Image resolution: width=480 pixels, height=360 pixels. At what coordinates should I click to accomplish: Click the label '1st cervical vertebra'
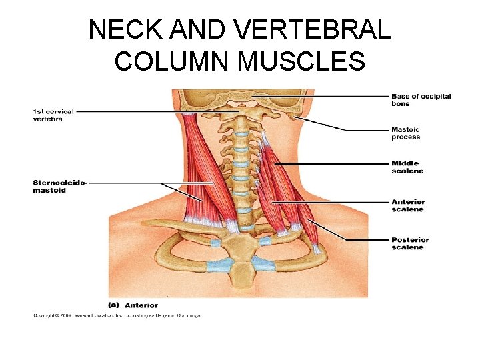(53, 115)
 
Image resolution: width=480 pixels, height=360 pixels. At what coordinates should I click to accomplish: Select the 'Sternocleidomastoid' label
(59, 186)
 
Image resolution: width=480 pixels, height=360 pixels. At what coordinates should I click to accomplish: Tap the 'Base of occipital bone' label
(421, 100)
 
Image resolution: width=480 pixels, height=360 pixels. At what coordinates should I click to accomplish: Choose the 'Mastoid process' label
(406, 133)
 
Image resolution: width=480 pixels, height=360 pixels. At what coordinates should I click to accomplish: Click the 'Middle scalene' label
(407, 167)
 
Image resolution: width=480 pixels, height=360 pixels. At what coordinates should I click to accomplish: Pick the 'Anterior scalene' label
(408, 205)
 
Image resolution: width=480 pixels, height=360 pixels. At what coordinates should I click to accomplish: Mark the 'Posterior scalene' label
(410, 243)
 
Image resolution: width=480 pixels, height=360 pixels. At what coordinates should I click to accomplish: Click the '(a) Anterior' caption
(133, 305)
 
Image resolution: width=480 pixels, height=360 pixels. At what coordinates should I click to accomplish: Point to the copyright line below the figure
(117, 315)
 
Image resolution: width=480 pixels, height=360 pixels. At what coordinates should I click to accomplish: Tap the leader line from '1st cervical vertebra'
(133, 111)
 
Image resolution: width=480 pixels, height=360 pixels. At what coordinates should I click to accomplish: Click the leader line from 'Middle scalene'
(333, 163)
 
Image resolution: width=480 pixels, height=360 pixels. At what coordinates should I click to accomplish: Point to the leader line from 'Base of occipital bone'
(320, 97)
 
